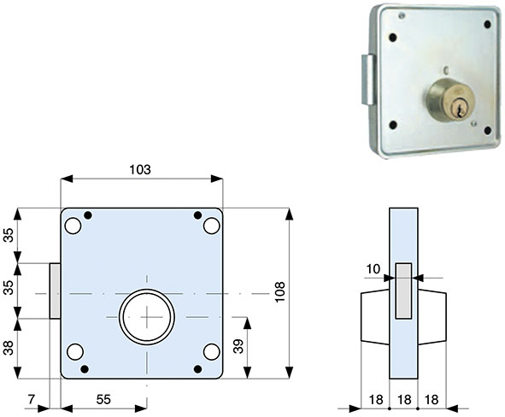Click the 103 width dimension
tap(140, 169)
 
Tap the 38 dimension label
tap(9, 349)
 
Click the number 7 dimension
tap(32, 398)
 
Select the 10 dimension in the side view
tap(373, 269)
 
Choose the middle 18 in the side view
tap(404, 398)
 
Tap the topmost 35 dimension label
tap(9, 236)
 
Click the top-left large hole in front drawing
tap(73, 226)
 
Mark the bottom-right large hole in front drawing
tap(210, 352)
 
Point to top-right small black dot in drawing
tap(197, 214)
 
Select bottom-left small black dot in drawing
tap(85, 368)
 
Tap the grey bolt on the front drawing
tap(56, 291)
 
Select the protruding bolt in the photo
tap(367, 79)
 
